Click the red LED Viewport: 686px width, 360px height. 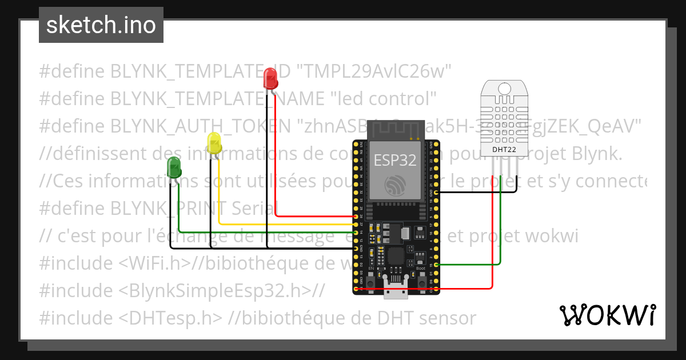tap(270, 78)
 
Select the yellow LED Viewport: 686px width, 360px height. tap(214, 143)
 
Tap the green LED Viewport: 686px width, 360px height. tap(174, 167)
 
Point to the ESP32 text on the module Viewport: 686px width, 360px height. tap(395, 160)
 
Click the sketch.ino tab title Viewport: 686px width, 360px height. tap(101, 25)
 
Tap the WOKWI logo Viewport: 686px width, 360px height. tap(607, 315)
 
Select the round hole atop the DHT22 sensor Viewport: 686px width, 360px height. tap(504, 88)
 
